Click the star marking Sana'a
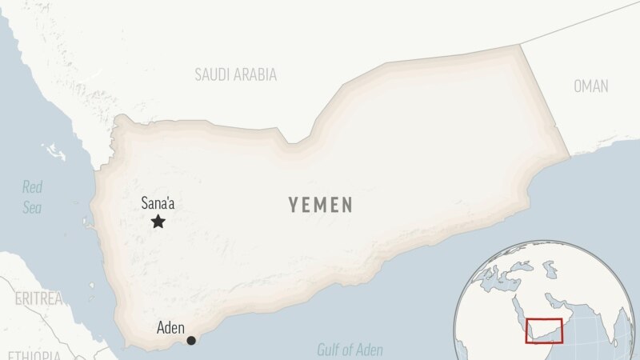[x=158, y=222]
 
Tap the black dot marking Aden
[x=191, y=341]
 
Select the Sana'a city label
[x=158, y=203]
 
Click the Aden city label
[x=170, y=328]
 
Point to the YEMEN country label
[x=321, y=206]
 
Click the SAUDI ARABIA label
[x=236, y=75]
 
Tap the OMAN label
[x=590, y=86]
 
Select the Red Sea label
[x=32, y=197]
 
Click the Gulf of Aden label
[x=350, y=350]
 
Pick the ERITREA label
[x=38, y=298]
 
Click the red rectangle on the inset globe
[x=544, y=330]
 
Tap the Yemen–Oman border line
[x=546, y=100]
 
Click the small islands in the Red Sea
[x=54, y=150]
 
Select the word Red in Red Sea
[x=32, y=188]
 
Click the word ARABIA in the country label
[x=256, y=75]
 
